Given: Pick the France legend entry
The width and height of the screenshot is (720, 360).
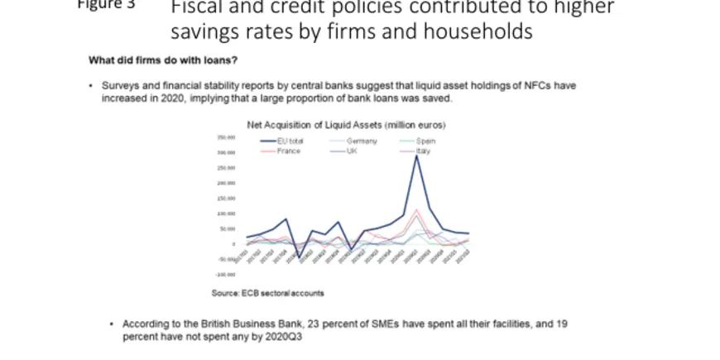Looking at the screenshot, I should pyautogui.click(x=289, y=151).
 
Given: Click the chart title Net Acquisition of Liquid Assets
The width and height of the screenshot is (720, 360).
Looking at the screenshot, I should pyautogui.click(x=347, y=125).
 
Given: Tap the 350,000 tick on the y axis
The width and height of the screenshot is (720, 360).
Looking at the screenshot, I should pyautogui.click(x=228, y=137).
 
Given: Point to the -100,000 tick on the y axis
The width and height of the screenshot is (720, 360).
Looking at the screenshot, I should pyautogui.click(x=227, y=274).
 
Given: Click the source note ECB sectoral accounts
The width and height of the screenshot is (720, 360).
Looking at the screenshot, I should pyautogui.click(x=268, y=293).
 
